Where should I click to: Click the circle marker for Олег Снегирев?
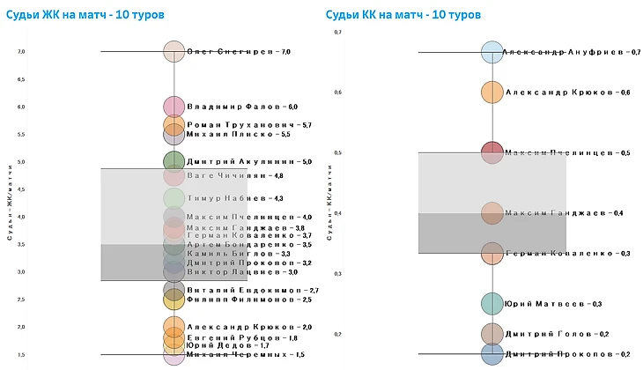click(174, 52)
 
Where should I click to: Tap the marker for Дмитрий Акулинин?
click(174, 161)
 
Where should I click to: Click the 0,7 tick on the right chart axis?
click(336, 32)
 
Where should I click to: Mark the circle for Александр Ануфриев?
click(491, 52)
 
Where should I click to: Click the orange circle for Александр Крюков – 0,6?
click(491, 92)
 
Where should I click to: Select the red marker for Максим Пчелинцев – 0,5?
click(491, 152)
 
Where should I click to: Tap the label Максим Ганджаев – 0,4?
click(564, 213)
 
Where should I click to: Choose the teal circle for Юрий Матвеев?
click(491, 304)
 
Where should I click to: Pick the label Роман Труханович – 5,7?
click(249, 125)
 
